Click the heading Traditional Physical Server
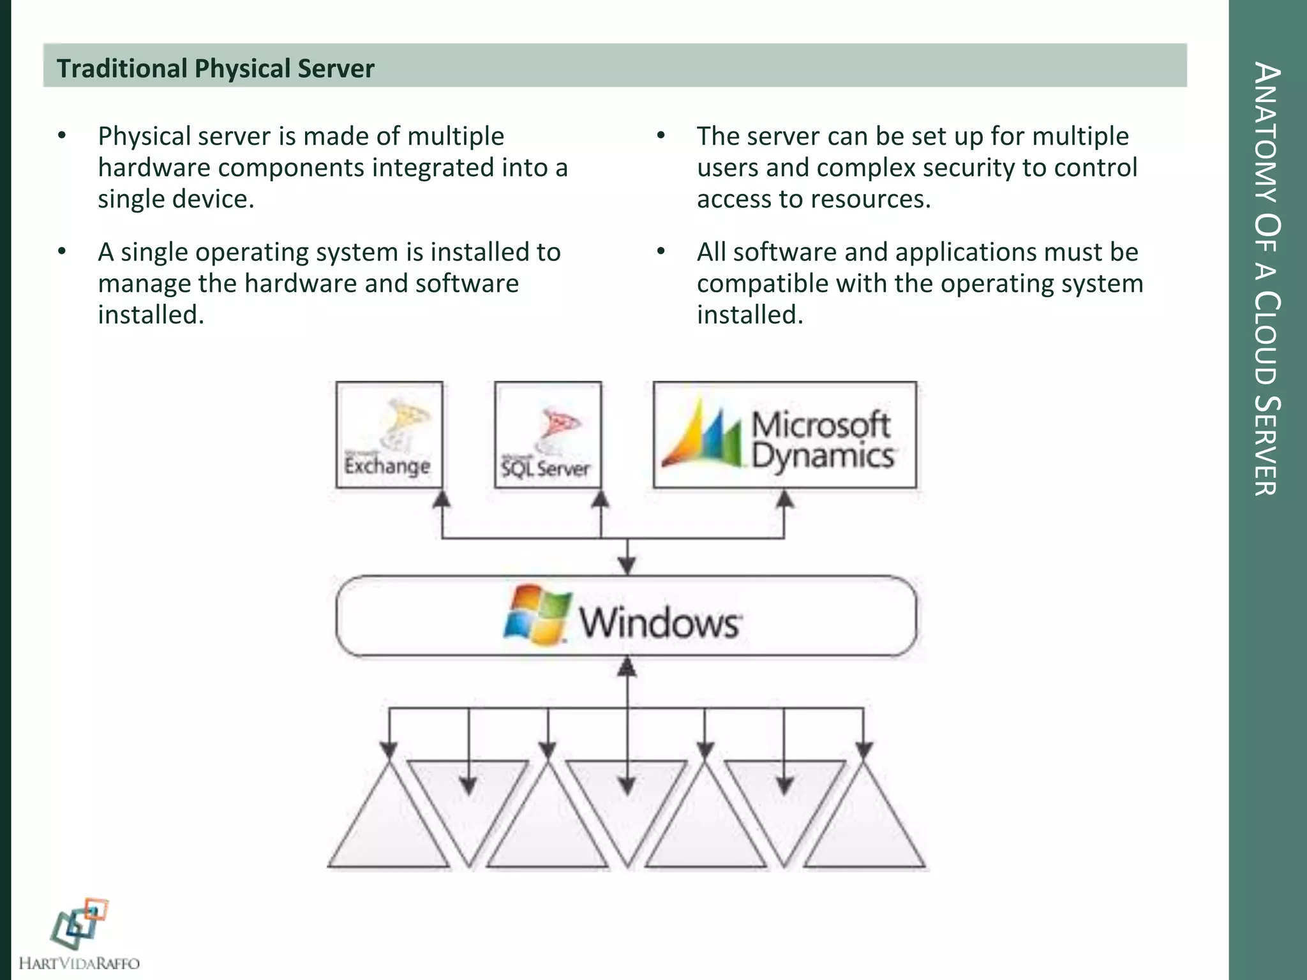215,68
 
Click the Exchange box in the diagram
389,435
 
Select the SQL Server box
548,435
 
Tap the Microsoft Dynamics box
784,435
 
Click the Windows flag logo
537,614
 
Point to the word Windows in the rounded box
660,622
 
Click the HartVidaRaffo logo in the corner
79,935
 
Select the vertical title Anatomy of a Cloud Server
1267,278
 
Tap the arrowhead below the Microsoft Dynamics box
784,500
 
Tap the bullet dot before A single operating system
62,252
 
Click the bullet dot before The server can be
661,136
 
